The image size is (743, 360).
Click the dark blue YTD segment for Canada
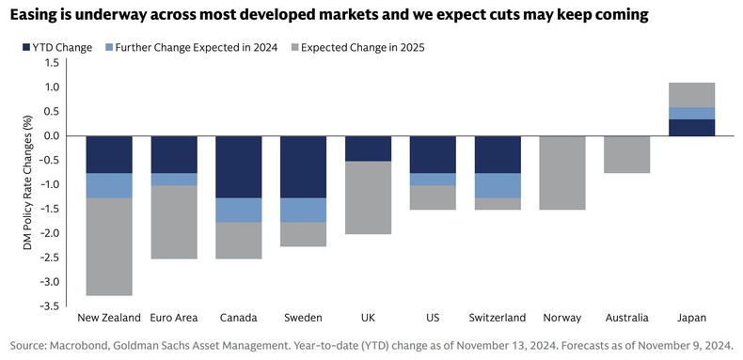239,166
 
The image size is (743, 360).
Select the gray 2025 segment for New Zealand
109,246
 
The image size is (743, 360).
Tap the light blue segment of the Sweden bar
304,210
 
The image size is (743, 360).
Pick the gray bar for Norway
562,172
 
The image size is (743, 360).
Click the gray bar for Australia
627,154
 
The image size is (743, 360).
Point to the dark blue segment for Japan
692,127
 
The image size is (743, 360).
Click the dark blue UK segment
369,149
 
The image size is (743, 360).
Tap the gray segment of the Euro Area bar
174,222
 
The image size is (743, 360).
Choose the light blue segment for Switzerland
498,185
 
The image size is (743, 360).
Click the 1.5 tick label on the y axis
50,63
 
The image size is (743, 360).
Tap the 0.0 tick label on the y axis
50,136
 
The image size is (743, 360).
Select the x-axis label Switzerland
498,318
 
